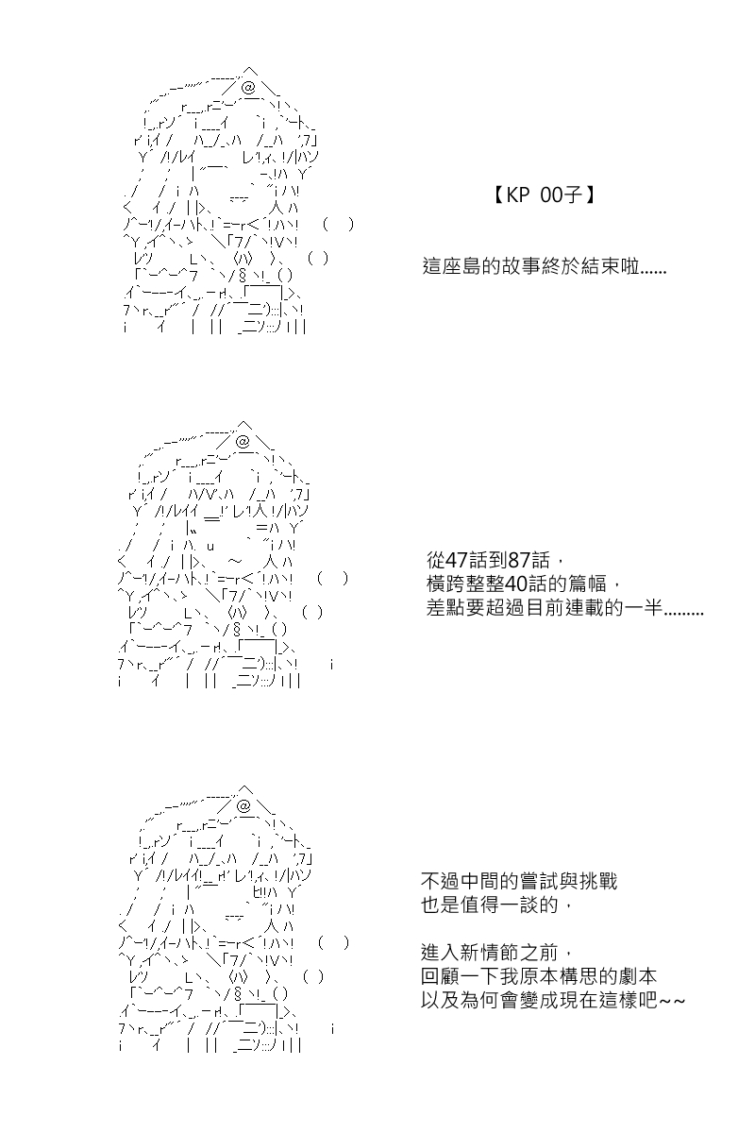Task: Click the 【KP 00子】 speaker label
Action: (x=543, y=195)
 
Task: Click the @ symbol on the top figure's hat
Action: (x=249, y=89)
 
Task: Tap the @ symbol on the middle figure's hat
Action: (x=243, y=442)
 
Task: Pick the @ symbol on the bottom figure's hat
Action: (x=243, y=806)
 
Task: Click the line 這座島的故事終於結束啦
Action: (x=545, y=266)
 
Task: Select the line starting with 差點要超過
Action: (x=565, y=607)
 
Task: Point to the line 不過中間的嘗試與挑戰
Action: (x=519, y=881)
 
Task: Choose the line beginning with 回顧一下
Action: (x=539, y=976)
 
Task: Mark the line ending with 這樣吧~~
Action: (x=553, y=1000)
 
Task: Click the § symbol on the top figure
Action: (x=243, y=276)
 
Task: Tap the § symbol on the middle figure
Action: (x=237, y=630)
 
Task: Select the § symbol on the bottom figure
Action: (x=237, y=994)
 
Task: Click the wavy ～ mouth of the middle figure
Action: (x=235, y=561)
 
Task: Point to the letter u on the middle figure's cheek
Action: (x=210, y=547)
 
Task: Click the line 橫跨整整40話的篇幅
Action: (x=524, y=584)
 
